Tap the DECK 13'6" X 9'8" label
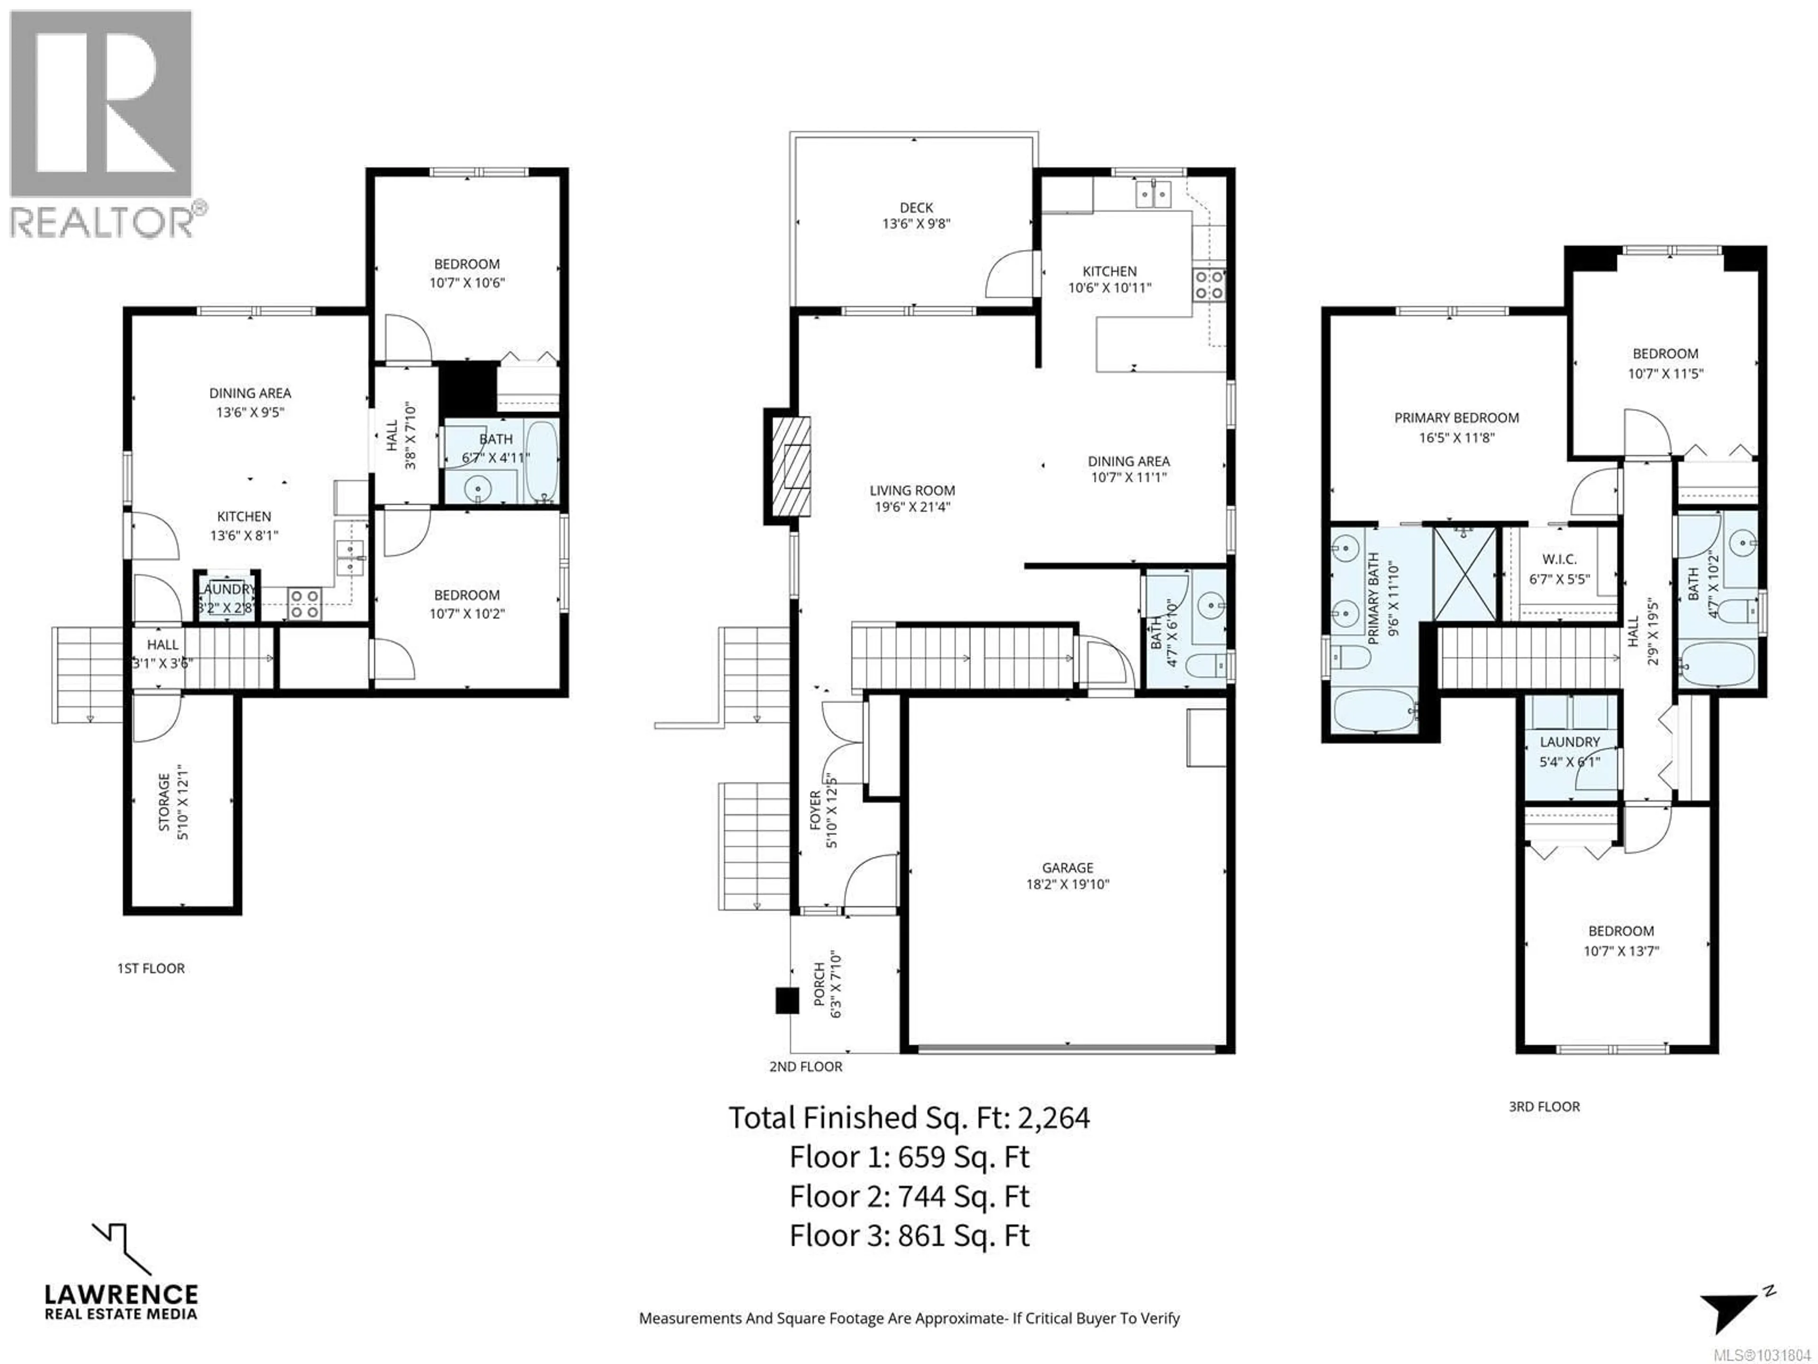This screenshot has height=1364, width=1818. [916, 215]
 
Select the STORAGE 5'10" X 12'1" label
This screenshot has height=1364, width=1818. [173, 802]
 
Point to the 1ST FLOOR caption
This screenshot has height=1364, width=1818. [151, 969]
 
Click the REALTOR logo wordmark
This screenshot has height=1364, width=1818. [102, 222]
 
